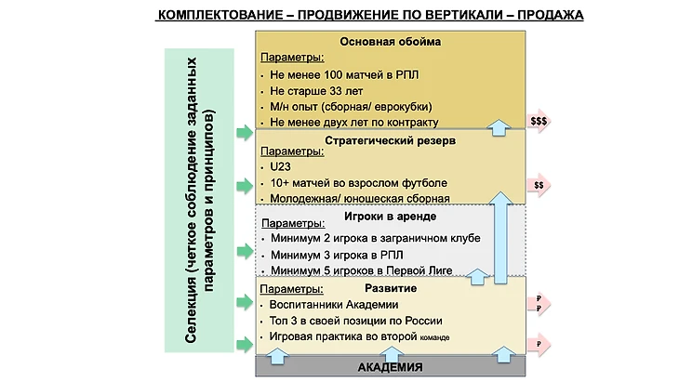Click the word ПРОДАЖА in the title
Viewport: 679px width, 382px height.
[x=544, y=16]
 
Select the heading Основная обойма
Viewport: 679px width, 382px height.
[x=390, y=42]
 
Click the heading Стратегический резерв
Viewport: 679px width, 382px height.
[x=390, y=140]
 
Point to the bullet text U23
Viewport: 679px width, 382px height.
[x=279, y=165]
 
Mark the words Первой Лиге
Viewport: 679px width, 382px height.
[x=423, y=270]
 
